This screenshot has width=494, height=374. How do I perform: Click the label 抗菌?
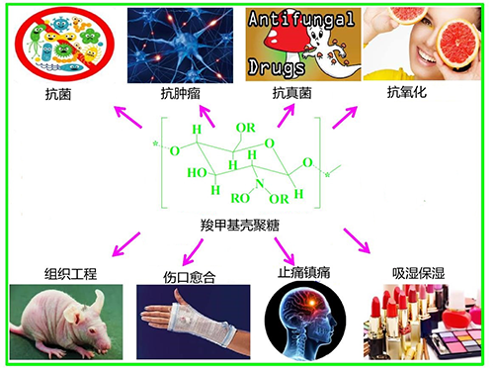(x=57, y=94)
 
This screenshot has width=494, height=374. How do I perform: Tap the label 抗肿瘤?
(x=177, y=94)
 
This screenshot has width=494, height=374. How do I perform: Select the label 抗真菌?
(x=291, y=94)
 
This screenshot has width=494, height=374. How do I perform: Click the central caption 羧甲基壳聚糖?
(x=240, y=227)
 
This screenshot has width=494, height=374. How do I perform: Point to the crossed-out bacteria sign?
(x=67, y=45)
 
